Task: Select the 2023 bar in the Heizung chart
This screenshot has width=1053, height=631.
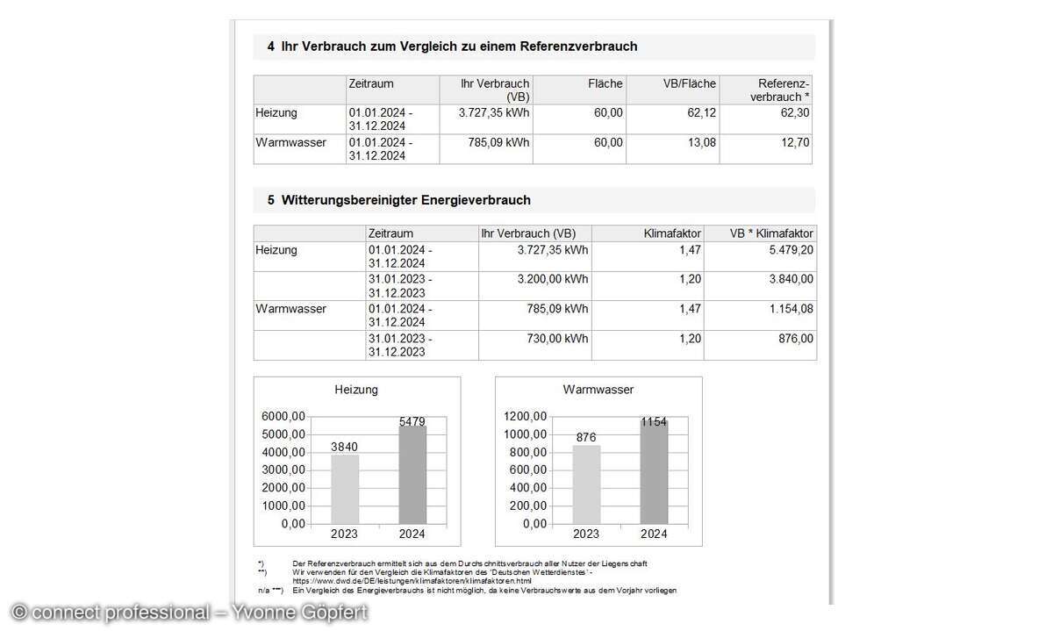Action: coord(345,489)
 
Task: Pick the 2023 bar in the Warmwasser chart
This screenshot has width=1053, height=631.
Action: coord(586,484)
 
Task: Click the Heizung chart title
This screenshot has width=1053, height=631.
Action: coord(356,389)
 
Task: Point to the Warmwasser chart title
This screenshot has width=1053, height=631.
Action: coord(598,389)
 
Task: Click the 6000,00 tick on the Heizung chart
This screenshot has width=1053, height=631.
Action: coord(283,416)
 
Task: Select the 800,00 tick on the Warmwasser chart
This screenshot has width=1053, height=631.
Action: coord(526,452)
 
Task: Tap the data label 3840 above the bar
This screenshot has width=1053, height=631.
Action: coord(344,447)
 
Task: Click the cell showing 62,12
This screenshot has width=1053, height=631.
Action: coord(701,113)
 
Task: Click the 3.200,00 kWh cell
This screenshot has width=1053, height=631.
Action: coord(553,279)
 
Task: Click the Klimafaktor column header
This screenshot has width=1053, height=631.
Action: coord(671,234)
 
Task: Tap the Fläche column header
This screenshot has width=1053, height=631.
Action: coord(605,84)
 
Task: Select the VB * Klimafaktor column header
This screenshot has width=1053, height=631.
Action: coord(771,234)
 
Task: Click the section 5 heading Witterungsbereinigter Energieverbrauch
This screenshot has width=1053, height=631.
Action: coord(405,200)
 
